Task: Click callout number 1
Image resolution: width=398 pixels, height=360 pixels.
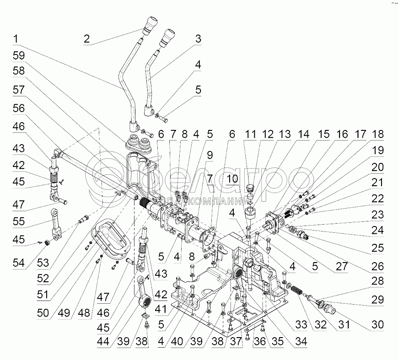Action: (x=16, y=39)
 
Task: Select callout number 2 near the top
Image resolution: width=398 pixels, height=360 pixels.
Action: (x=87, y=38)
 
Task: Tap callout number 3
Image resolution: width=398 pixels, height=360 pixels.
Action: (x=198, y=39)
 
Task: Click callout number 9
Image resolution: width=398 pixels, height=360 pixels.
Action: (x=209, y=155)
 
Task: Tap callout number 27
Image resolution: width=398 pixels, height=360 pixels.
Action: (x=341, y=264)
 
